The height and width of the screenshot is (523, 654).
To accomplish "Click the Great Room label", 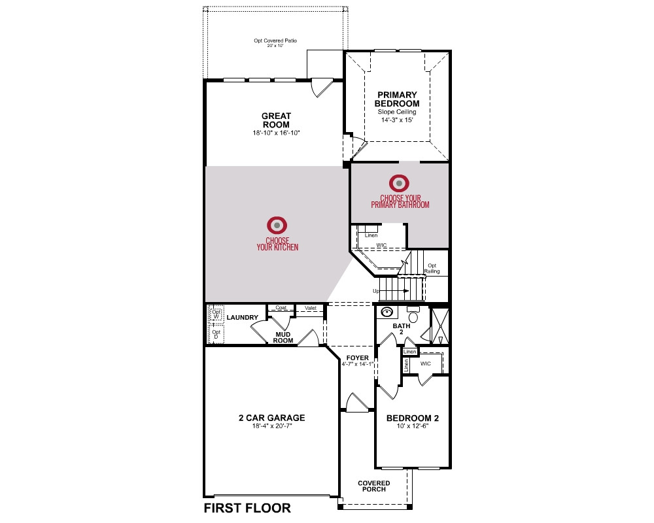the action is (276, 120).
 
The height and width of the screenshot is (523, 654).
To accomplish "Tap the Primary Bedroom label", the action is (397, 99).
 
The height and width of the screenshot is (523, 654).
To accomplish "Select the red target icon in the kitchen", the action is (277, 225).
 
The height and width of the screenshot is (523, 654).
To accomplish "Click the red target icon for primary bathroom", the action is (399, 183).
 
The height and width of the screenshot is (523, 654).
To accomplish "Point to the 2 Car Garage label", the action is (272, 418).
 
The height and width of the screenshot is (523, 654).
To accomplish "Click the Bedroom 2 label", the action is (413, 418).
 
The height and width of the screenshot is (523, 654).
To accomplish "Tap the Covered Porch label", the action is (373, 486).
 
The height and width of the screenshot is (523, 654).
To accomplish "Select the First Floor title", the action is (247, 508).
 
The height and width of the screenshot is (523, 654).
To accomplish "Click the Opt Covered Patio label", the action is (275, 41).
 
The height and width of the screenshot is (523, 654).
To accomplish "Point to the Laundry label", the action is (243, 317).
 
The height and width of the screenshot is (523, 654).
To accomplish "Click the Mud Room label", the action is (283, 337).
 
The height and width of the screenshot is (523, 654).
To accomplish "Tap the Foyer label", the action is (358, 358).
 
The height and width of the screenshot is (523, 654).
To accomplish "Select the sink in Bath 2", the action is (387, 312).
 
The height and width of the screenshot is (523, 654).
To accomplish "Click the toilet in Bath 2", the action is (413, 315).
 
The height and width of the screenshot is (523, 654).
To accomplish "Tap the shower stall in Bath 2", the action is (439, 326).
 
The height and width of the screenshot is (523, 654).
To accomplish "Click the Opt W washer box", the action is (216, 314).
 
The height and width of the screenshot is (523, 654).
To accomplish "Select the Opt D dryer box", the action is (216, 335).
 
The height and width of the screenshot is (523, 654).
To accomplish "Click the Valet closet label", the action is (311, 308).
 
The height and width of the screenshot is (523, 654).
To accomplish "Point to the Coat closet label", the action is (281, 307).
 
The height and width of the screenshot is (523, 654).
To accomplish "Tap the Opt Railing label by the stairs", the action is (432, 268).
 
